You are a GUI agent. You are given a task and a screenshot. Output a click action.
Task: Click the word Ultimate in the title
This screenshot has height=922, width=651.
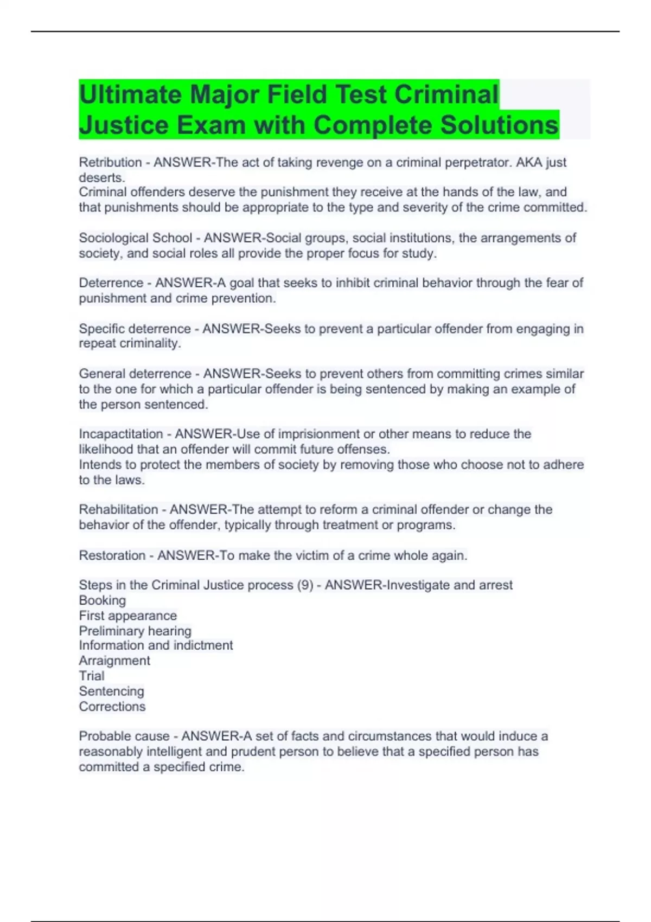[x=130, y=94]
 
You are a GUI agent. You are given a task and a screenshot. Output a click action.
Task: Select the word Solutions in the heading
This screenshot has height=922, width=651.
[x=499, y=125]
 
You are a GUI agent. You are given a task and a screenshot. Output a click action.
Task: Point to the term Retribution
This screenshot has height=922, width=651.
[x=110, y=162]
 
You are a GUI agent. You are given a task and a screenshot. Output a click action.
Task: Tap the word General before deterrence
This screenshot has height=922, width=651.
[x=103, y=374]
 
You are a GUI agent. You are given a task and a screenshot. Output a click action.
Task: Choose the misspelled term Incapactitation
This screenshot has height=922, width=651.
[x=120, y=434]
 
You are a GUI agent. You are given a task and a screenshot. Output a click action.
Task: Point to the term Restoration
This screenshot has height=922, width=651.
[x=112, y=555]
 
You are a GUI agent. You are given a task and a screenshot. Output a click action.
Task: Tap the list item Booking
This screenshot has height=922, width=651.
[x=102, y=600]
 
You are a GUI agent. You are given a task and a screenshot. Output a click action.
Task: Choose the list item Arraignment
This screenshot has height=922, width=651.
[x=114, y=661]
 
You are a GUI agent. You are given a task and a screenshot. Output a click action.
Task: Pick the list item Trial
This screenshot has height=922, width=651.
[x=91, y=676]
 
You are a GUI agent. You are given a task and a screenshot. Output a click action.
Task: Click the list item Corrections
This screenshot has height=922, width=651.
[x=112, y=706]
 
